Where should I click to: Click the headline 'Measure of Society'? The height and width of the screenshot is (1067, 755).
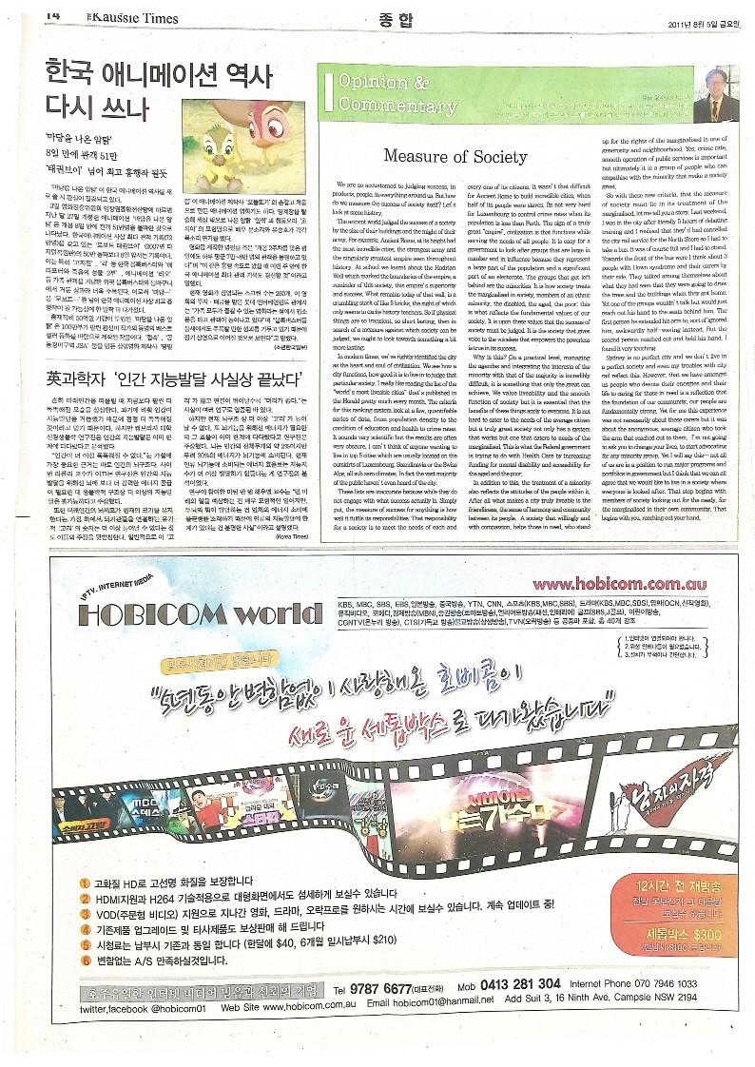point(455,155)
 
